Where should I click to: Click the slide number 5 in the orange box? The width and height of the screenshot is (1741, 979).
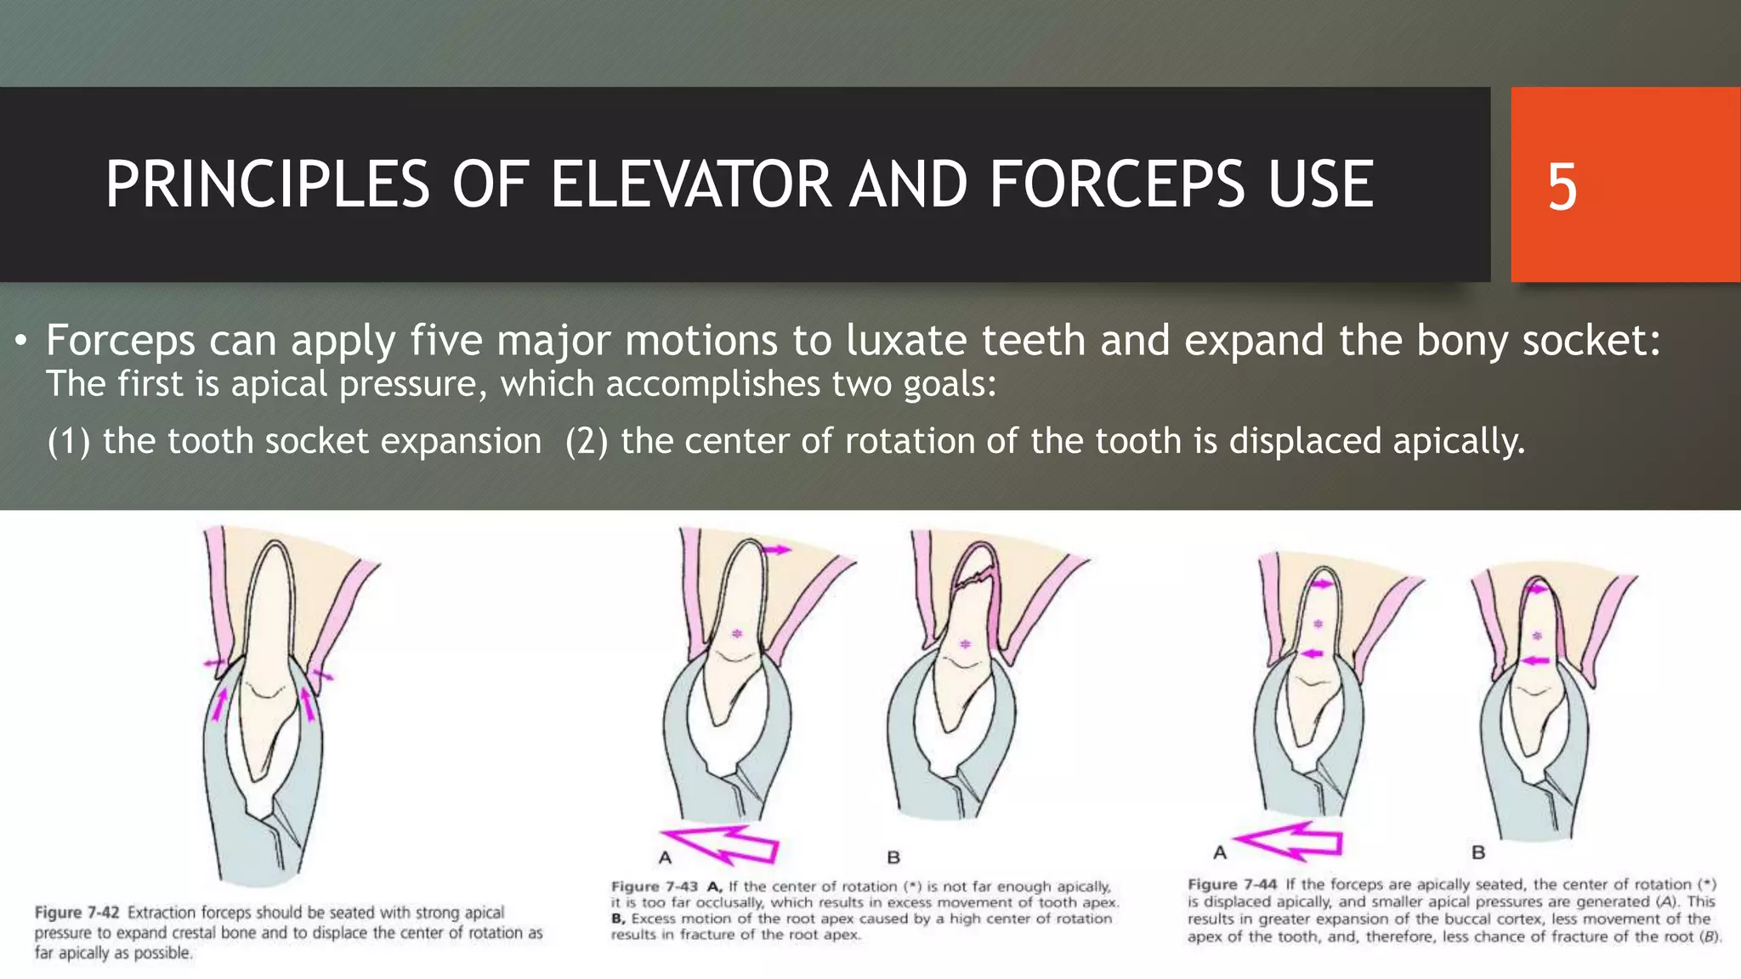1562,187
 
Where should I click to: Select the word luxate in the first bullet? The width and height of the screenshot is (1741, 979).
906,341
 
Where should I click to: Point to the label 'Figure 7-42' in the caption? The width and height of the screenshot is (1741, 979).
77,913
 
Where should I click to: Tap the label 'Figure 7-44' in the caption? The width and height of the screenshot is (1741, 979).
1232,885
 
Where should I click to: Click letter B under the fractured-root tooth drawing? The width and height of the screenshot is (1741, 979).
893,857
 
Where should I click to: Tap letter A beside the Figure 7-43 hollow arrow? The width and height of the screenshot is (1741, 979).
665,857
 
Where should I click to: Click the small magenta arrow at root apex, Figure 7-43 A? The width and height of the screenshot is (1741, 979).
775,550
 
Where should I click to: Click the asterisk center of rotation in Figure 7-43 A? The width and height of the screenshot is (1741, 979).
737,633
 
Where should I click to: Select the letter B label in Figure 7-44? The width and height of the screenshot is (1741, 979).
1478,852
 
